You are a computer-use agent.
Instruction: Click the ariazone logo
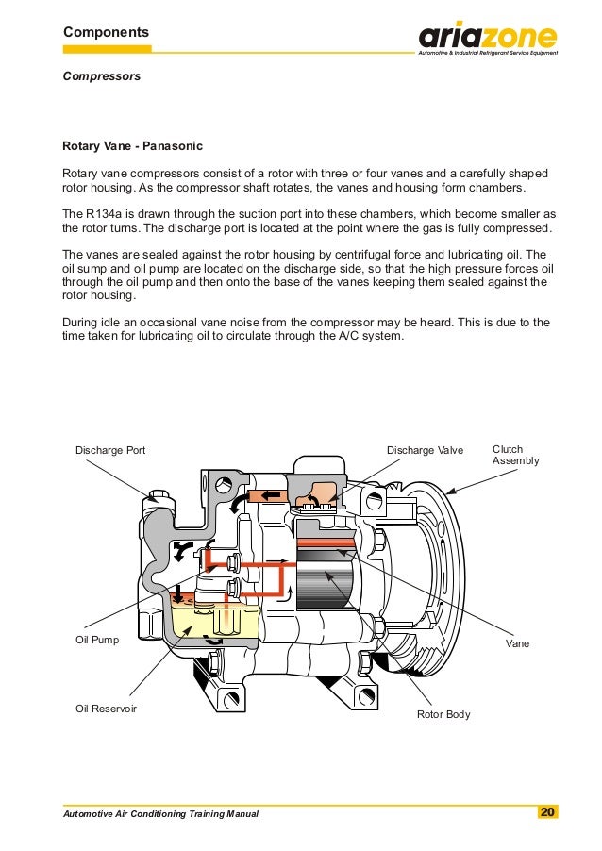point(488,39)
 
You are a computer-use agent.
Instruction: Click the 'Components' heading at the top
point(106,32)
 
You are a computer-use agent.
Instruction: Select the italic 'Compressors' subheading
point(101,75)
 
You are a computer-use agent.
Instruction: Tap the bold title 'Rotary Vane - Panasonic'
point(131,148)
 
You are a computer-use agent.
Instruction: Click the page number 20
point(547,812)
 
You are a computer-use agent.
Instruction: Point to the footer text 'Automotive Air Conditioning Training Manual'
point(159,813)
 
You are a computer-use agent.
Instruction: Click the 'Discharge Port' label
point(110,450)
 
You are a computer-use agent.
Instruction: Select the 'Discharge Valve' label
point(425,450)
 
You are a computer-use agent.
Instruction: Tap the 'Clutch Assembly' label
point(515,455)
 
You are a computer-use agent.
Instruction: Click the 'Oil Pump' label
point(97,640)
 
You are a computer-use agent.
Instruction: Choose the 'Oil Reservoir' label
point(106,708)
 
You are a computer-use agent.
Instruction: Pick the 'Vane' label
point(517,643)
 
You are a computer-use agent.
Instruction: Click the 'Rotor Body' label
point(443,714)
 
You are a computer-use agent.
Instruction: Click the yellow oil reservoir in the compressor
point(198,621)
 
